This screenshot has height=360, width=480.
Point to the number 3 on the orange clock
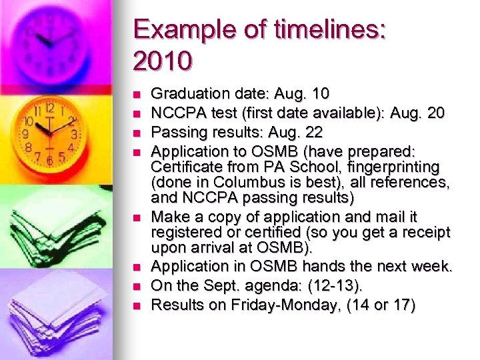[75, 134]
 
